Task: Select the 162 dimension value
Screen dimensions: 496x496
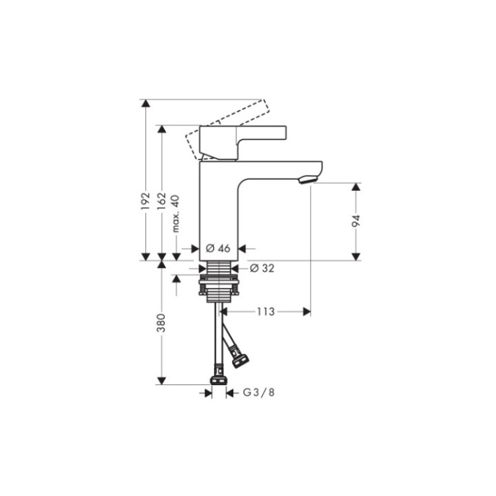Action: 161,200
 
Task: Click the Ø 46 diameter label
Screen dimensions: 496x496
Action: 218,248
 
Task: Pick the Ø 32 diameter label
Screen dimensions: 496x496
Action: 262,269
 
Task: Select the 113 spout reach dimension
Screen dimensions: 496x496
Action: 267,312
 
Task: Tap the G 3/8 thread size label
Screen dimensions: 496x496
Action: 258,393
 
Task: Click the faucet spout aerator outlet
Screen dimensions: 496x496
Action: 307,180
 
